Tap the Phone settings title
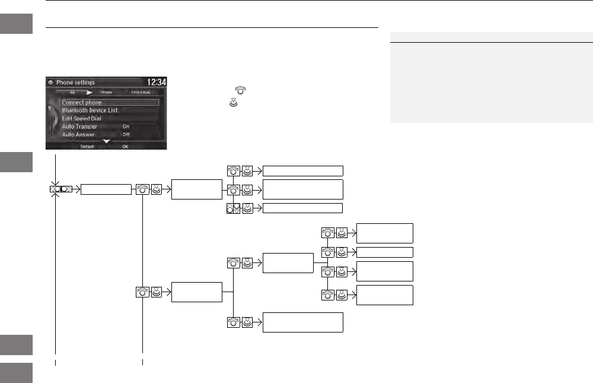pyautogui.click(x=75, y=83)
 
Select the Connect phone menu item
pyautogui.click(x=82, y=102)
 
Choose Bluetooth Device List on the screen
pyautogui.click(x=90, y=110)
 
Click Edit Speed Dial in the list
pyautogui.click(x=82, y=118)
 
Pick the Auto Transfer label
pyautogui.click(x=79, y=126)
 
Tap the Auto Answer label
pyautogui.click(x=78, y=135)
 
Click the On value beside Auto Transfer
pyautogui.click(x=126, y=126)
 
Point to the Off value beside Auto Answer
pyautogui.click(x=126, y=135)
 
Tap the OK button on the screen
pyautogui.click(x=125, y=147)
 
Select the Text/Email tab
pyautogui.click(x=141, y=93)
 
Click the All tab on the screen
pyautogui.click(x=72, y=93)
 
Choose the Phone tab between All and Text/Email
pyautogui.click(x=106, y=93)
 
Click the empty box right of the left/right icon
pyautogui.click(x=106, y=189)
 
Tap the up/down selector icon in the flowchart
pyautogui.click(x=232, y=208)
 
